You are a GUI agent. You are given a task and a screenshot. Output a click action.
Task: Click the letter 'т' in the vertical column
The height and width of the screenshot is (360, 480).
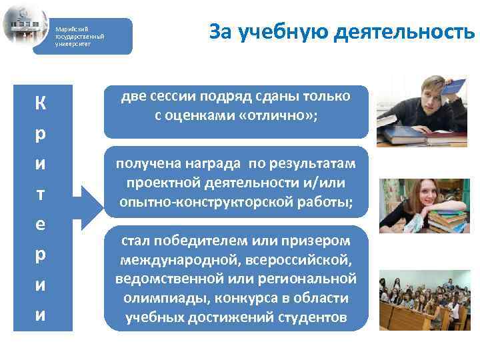click(41, 193)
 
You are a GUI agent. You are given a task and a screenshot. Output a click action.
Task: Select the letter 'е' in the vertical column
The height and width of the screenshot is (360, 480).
click(41, 223)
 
